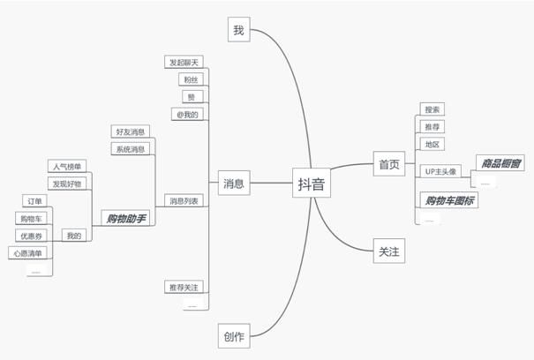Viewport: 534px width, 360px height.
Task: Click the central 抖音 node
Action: (310, 184)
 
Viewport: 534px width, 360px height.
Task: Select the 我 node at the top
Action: (238, 29)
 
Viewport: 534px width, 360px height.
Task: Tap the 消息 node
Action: (234, 184)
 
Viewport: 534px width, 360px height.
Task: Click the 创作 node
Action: (234, 335)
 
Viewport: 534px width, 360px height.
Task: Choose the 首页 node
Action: (389, 164)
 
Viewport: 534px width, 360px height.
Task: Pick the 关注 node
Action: (389, 251)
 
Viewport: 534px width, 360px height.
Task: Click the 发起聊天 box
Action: (184, 63)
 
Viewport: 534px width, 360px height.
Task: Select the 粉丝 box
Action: (191, 79)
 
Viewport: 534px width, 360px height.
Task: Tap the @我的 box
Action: (188, 114)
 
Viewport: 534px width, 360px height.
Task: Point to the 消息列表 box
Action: (184, 201)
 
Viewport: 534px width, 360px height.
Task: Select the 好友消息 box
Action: (131, 131)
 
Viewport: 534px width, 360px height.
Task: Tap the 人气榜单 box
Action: (66, 166)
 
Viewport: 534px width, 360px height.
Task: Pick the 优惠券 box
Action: (28, 236)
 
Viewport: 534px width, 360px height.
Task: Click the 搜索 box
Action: (432, 109)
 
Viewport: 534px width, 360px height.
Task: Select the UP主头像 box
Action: (441, 171)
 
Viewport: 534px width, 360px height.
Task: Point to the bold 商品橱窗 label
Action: (500, 162)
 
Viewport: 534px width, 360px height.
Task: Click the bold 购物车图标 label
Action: (449, 200)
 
